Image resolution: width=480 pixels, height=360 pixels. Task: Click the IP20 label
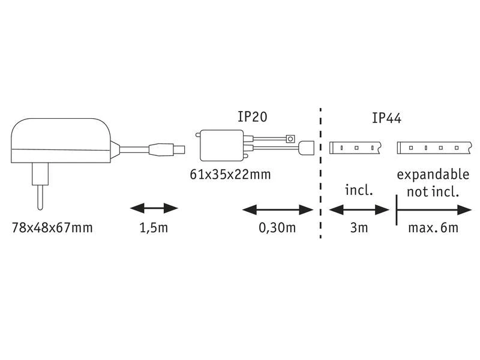(x=253, y=116)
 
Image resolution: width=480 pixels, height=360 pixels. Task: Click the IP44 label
(x=386, y=118)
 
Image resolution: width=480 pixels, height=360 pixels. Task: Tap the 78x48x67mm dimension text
(x=52, y=228)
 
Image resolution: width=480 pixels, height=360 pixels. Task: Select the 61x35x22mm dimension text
(x=230, y=175)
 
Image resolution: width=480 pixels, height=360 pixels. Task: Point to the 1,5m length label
(x=154, y=228)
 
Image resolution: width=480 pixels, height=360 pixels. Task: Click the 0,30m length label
(x=277, y=228)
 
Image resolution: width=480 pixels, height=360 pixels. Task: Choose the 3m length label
(x=359, y=228)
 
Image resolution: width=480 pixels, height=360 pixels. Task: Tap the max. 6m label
(x=433, y=228)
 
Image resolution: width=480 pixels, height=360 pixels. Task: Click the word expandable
(x=433, y=175)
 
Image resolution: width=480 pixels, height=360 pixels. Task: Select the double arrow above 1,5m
(x=154, y=208)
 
